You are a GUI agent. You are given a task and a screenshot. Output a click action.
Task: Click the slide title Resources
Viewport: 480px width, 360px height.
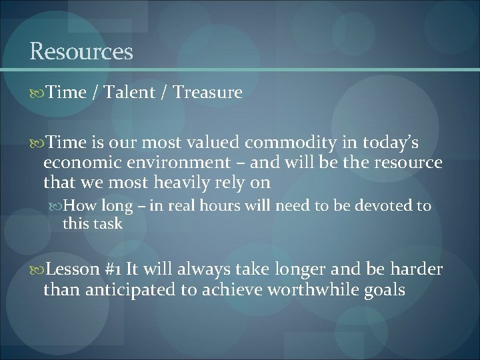click(x=81, y=51)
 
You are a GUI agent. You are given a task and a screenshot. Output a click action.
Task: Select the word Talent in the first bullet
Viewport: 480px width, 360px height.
click(x=131, y=93)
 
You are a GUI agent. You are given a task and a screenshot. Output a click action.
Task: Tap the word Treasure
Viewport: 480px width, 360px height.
click(x=207, y=93)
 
